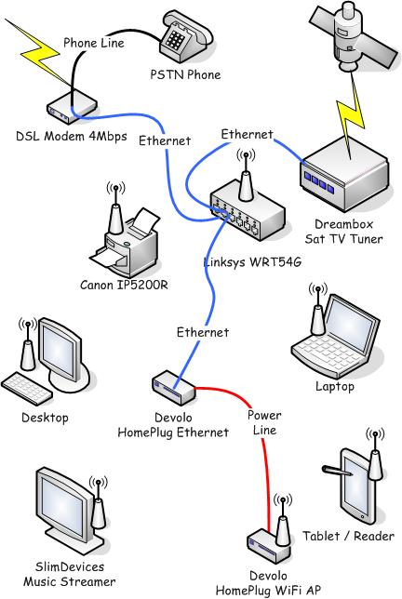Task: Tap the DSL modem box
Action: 72,107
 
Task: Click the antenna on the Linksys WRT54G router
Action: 246,177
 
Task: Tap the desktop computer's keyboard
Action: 26,390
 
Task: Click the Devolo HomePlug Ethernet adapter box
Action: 173,388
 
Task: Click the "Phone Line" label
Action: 94,43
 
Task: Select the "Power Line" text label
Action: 264,422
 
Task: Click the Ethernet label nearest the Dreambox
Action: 247,134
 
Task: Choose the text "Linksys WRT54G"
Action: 252,262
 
